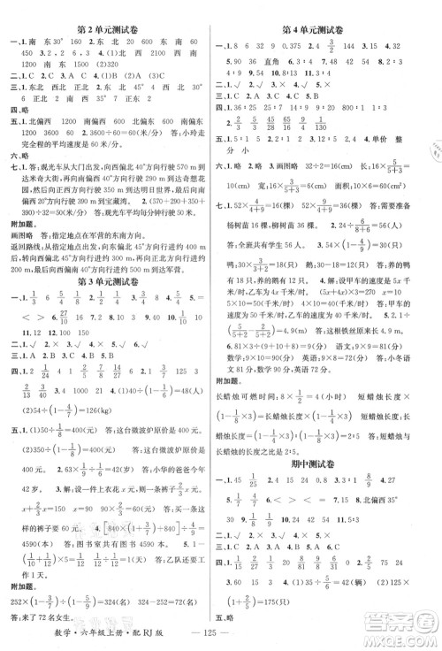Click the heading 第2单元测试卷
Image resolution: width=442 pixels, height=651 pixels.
pyautogui.click(x=109, y=12)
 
